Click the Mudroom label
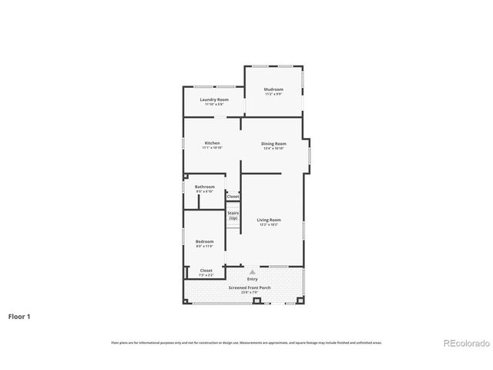coord(273,89)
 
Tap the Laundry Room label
coord(214,99)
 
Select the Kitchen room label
coord(212,143)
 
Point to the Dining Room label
coord(273,143)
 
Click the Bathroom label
coord(204,187)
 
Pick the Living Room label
coord(268,220)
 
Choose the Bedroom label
coord(204,241)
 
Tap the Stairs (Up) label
coord(233,215)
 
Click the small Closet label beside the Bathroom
coord(233,197)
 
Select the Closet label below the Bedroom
coord(206,270)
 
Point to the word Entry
coord(252,278)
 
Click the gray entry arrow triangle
coord(252,271)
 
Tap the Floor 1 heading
coord(20,316)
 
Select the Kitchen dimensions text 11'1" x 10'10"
coord(212,147)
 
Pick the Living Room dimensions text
coord(268,224)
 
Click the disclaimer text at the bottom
coord(246,342)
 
